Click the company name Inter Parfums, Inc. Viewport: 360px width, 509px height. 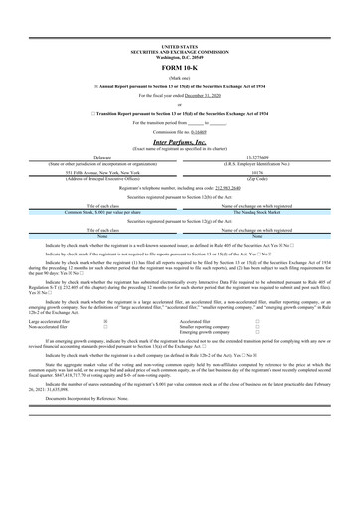(x=180, y=142)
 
